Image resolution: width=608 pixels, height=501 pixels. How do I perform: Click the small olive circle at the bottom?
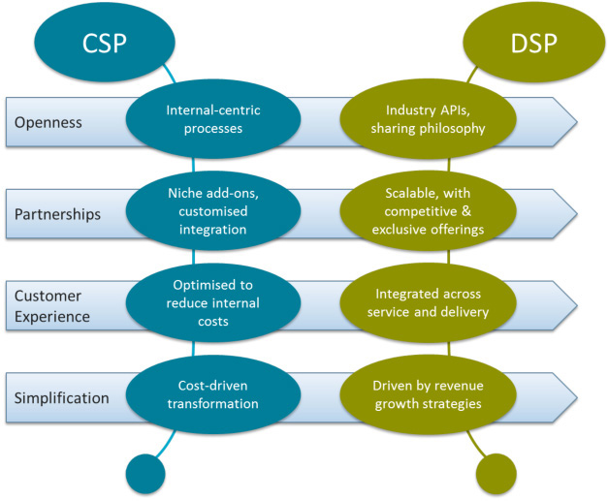pyautogui.click(x=500, y=472)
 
